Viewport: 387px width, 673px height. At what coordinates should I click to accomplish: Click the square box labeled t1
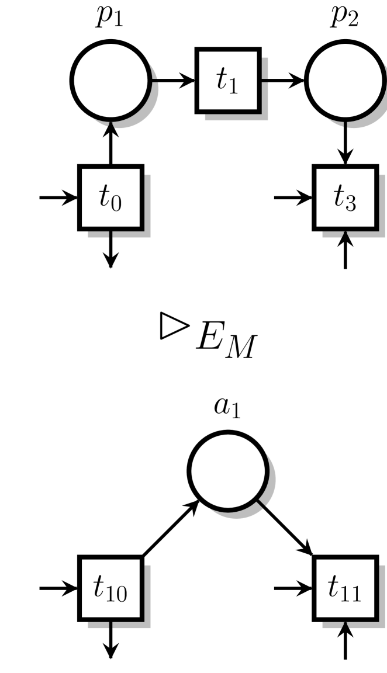228,81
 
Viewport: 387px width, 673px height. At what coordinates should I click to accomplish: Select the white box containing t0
110,197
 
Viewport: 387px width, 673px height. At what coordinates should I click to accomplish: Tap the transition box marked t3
345,197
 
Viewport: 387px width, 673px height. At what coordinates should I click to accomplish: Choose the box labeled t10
110,588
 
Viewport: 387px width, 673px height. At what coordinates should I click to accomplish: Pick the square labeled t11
345,588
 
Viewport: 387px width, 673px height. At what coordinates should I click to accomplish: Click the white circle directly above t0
110,81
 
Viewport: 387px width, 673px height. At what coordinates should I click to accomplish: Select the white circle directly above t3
345,81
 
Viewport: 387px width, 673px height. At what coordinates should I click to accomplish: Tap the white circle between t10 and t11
228,471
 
